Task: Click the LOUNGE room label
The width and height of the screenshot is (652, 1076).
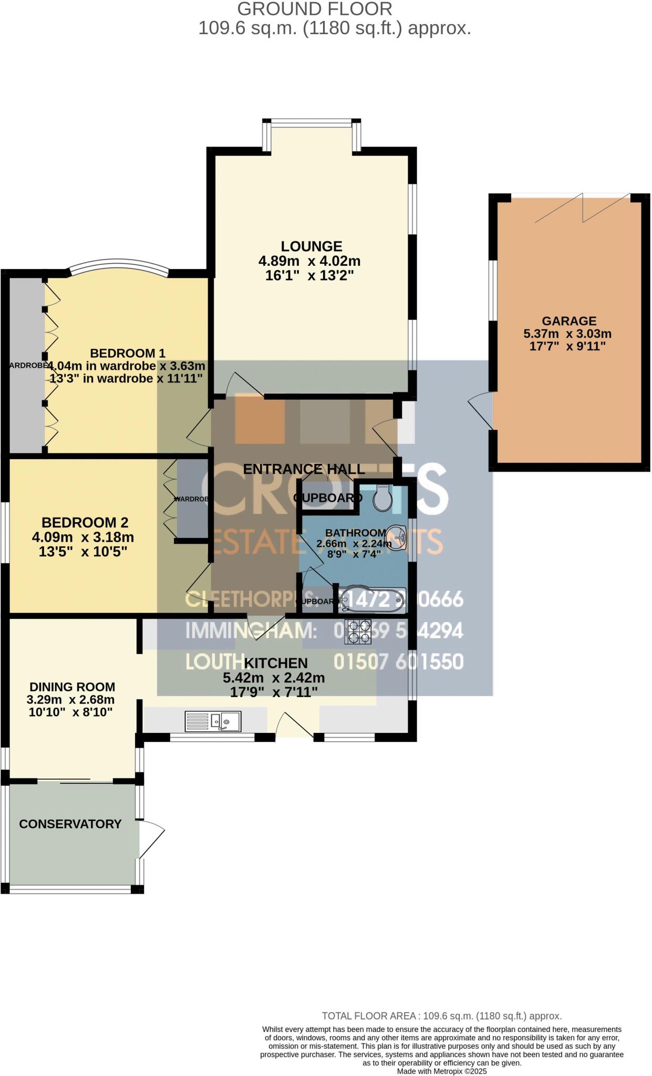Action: pos(311,246)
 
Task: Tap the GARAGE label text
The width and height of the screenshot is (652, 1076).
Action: pos(569,321)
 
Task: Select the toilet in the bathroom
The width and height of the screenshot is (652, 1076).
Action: pos(382,498)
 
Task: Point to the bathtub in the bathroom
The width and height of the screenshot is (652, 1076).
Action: pos(371,599)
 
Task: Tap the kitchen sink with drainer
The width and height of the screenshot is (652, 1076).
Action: pos(213,721)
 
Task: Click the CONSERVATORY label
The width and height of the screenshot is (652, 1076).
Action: pos(70,824)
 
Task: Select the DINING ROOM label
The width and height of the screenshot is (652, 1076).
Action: pos(72,687)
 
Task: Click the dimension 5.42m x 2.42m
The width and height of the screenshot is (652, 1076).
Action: pos(274,678)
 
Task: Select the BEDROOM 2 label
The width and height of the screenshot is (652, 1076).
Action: pos(85,522)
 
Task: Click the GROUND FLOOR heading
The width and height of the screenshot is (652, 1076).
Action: pos(314,9)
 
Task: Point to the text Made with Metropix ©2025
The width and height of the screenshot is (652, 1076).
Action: pos(441,1071)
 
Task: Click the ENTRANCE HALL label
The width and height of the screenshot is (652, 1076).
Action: pos(304,469)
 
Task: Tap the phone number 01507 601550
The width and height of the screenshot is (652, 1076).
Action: pos(398,661)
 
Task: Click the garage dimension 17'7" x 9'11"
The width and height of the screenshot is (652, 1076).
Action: pos(567,346)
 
